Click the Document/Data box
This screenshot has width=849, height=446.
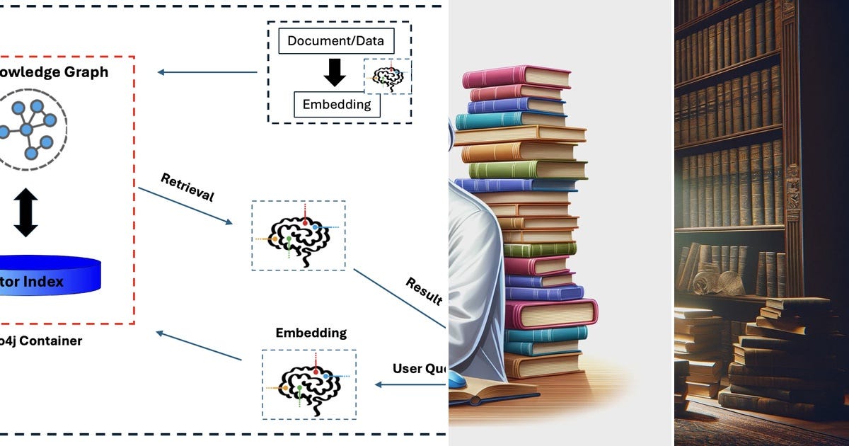tap(335, 40)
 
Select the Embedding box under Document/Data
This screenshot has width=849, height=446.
tap(337, 105)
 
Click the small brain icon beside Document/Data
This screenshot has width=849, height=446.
tap(388, 76)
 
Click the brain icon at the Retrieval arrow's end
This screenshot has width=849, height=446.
tap(299, 234)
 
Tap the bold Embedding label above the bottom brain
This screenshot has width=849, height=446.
tap(311, 333)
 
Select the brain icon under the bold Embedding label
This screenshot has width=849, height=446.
tap(308, 384)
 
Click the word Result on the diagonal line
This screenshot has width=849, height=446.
tap(424, 291)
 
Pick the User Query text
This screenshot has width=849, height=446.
tap(419, 369)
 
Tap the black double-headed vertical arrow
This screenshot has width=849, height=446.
tap(26, 212)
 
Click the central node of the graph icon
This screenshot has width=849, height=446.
tap(27, 130)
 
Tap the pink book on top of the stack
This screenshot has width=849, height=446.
tap(519, 75)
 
